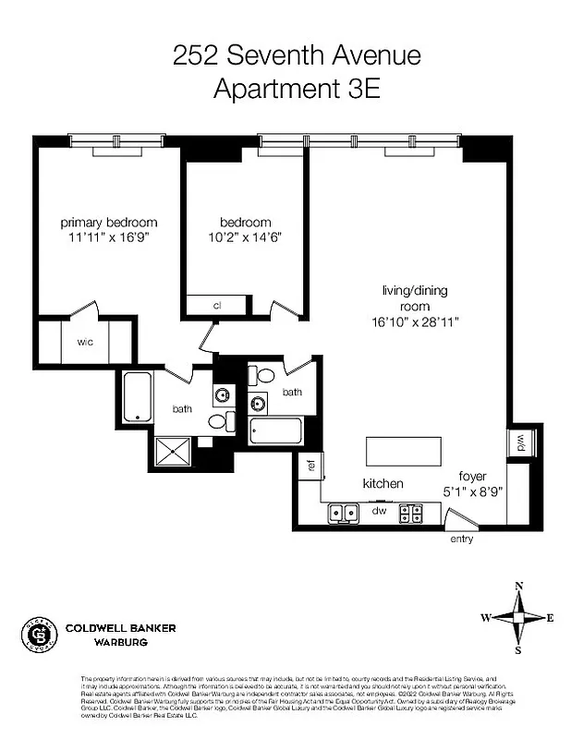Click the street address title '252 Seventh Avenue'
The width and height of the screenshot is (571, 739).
297,56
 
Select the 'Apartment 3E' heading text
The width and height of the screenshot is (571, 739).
297,90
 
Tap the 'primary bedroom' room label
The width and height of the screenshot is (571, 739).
109,223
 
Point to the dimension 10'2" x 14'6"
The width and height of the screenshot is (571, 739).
245,237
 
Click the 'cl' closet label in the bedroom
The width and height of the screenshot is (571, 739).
217,306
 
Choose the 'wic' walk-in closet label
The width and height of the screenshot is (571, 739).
85,341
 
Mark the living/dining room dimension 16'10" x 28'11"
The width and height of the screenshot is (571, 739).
414,321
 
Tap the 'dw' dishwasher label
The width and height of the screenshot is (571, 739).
378,509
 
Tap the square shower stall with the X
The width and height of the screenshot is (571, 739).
172,452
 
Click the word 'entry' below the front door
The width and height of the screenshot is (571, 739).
462,539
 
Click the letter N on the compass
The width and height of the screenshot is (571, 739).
519,586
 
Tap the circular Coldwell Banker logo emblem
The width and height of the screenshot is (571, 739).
40,635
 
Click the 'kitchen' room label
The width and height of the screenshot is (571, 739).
383,484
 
